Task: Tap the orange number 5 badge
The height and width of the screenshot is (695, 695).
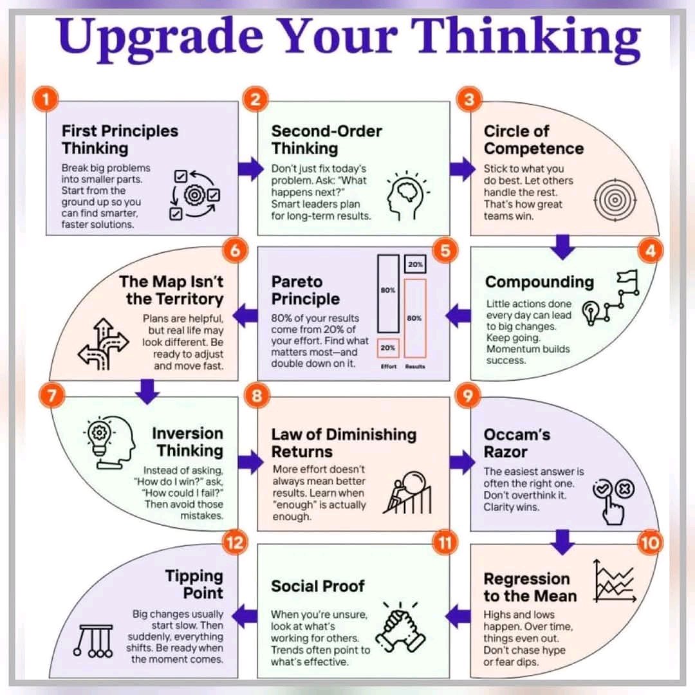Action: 445,250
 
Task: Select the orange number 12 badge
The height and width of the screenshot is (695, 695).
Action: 234,542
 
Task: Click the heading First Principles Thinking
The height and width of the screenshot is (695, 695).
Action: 120,140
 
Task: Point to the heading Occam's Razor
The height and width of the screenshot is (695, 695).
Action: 517,443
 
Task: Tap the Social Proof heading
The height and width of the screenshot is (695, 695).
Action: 317,586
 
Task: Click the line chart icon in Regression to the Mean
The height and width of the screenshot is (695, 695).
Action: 614,580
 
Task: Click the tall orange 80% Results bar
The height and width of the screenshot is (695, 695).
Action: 416,318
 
